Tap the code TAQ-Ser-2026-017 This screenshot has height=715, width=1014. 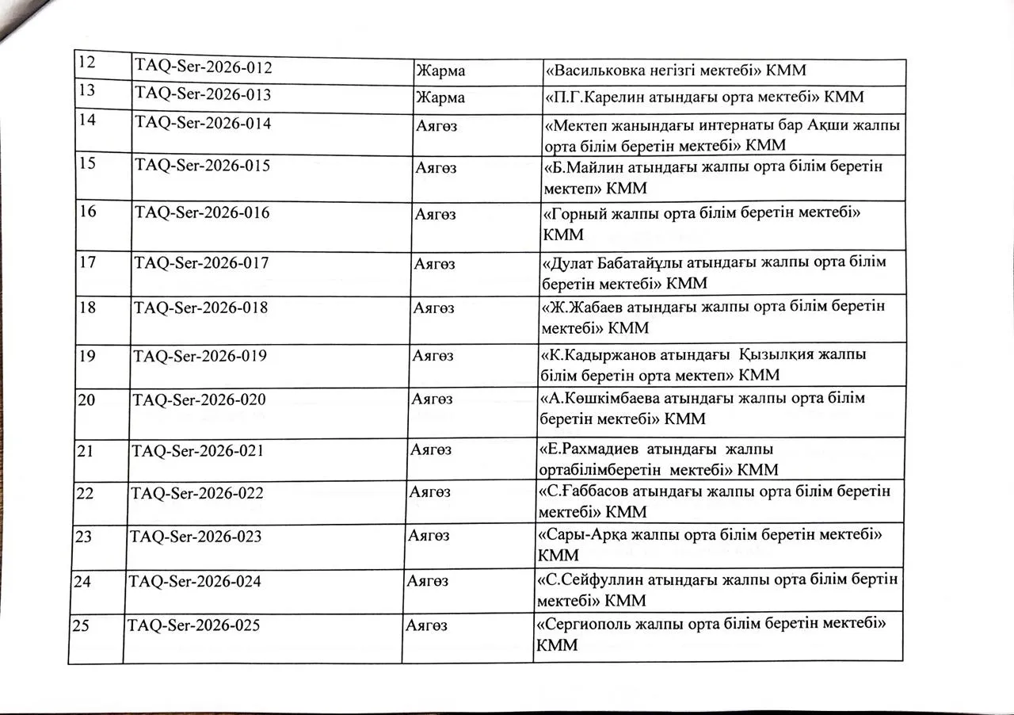click(x=201, y=262)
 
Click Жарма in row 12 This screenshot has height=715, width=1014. click(x=440, y=71)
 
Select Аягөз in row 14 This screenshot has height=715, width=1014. click(x=435, y=124)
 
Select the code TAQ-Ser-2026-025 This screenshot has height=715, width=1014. click(x=193, y=625)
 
